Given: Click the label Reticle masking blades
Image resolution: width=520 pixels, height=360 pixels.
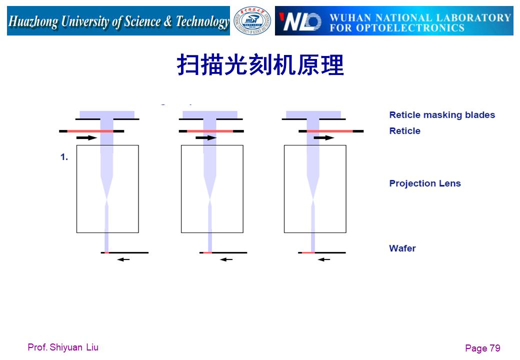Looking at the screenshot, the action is point(442,115).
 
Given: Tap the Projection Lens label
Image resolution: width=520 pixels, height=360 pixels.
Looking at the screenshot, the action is point(425,183).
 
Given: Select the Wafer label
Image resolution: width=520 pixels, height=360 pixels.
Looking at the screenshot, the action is point(402,248).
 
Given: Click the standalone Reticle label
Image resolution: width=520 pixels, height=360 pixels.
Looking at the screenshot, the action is point(404,131).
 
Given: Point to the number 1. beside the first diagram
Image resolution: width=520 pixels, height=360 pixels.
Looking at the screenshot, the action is point(64,157).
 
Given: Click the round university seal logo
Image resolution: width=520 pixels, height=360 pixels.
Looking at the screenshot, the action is point(252,21).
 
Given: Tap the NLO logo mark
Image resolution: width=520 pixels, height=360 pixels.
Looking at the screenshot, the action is point(300,21).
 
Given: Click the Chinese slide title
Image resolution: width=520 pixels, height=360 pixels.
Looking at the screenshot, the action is point(260,65).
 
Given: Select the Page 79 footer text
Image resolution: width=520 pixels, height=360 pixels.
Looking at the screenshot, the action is point(482,348).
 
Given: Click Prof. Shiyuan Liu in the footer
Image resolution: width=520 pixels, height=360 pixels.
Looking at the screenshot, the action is point(63,347).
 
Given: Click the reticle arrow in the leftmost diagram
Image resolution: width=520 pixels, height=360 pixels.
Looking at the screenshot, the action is point(86,137).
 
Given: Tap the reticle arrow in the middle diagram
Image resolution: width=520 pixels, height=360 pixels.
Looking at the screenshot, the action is point(206,137).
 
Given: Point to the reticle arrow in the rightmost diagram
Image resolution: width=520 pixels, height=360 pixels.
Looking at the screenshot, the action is point(324,137).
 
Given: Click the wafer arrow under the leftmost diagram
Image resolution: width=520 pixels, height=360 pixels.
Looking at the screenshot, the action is point(123,259).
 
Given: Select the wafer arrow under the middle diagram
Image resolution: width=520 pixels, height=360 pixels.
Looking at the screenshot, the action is point(226,259).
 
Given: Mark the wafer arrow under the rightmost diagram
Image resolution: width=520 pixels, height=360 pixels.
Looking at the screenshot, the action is point(324,259).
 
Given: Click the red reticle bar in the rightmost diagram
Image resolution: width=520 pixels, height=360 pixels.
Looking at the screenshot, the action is point(329,131).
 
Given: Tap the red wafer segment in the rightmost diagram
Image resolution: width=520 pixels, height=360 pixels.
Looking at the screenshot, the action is point(308,252).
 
